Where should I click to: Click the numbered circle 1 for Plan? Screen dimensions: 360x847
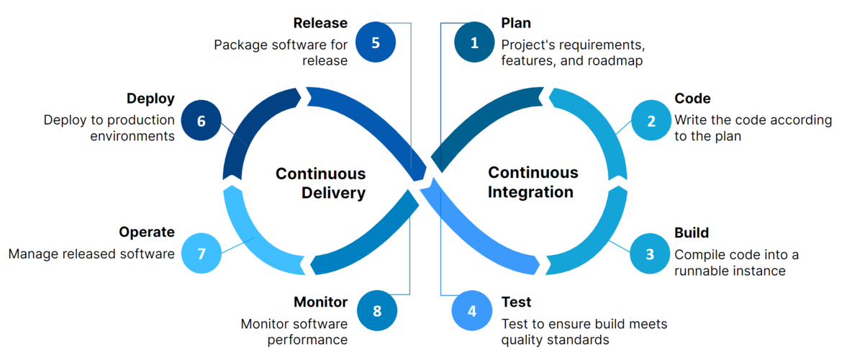474,42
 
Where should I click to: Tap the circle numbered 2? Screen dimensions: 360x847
651,120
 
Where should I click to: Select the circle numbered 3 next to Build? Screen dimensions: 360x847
650,253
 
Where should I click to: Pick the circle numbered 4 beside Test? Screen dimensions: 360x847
472,311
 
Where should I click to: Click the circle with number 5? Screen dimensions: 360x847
376,42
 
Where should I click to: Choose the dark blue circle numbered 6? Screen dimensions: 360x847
201,120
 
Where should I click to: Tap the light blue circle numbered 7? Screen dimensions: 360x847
201,253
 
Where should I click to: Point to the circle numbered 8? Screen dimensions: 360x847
377,311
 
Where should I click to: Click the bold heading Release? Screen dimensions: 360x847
320,24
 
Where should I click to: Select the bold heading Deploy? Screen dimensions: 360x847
150,99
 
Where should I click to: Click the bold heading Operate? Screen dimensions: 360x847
147,232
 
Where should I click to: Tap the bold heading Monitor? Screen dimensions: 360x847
320,302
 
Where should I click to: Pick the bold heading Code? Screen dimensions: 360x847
692,99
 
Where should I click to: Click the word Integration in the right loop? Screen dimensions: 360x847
530,192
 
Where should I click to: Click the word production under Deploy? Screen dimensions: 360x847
138,120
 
